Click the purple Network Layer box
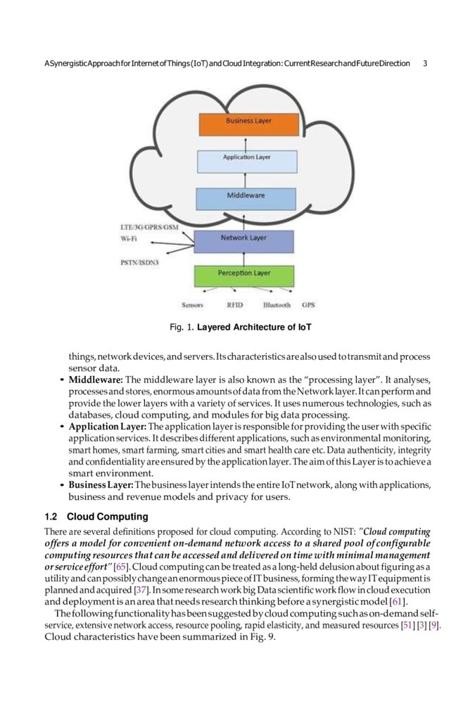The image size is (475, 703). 243,240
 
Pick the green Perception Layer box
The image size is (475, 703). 243,273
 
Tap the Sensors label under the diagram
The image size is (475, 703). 192,305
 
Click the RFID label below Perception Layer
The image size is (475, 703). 235,305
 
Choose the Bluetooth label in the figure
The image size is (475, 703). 277,305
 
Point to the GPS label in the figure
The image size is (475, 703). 308,305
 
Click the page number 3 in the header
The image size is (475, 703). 425,63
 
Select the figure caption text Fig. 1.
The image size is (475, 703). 182,328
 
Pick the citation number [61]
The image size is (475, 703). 403,602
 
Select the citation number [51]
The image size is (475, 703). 405,626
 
